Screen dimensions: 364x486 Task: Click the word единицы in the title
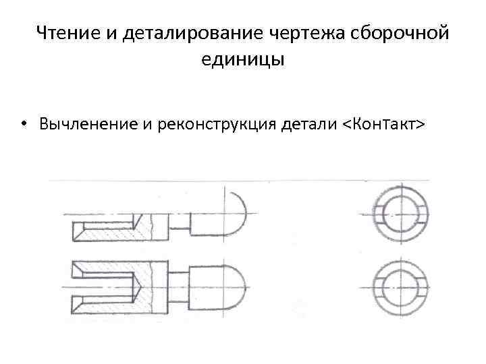pos(243,59)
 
